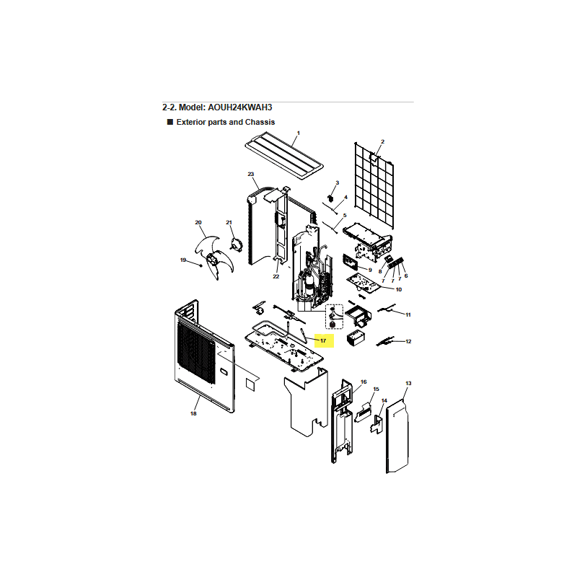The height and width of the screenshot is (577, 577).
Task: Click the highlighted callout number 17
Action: click(323, 340)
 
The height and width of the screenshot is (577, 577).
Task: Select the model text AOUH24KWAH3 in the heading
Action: click(240, 107)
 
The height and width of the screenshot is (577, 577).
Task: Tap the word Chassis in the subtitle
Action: click(260, 122)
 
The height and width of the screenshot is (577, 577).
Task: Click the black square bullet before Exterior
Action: click(170, 122)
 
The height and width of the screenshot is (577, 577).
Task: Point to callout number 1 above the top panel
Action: click(299, 133)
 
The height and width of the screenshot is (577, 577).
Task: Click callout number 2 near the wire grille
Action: click(383, 141)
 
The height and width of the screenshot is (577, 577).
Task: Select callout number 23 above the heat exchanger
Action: click(251, 174)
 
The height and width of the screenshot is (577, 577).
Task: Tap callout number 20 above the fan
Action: click(198, 223)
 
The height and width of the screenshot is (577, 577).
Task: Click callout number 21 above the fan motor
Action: click(229, 223)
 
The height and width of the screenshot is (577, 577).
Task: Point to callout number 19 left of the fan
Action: click(183, 260)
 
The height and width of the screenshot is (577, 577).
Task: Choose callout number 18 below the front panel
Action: click(193, 413)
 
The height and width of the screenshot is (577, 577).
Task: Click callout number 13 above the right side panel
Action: click(408, 384)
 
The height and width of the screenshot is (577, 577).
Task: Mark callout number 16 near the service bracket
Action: click(364, 382)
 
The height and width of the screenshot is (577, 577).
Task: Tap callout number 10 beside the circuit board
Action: click(399, 290)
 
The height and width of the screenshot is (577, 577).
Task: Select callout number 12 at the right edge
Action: click(408, 341)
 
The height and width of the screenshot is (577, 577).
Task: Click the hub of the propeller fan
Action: click(212, 260)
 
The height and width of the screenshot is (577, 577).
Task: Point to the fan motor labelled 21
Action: click(237, 245)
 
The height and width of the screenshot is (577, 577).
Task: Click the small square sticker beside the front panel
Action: click(250, 384)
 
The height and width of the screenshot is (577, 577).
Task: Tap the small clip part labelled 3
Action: click(330, 199)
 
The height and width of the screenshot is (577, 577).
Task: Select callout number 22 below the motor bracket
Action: click(276, 277)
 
